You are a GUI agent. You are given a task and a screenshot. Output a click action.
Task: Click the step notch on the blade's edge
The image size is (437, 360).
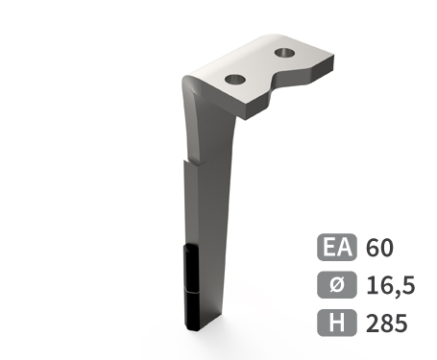click(186, 160)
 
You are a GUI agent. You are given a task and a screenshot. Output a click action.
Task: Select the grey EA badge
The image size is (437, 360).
click(336, 249)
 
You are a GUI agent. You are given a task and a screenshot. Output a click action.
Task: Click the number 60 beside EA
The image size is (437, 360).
click(380, 249)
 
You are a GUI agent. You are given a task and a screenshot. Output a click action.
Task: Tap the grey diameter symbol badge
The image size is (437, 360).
click(336, 286)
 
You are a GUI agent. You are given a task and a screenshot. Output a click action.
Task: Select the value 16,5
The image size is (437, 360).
click(388, 286)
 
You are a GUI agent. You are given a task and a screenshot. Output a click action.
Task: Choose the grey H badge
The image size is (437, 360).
click(336, 324)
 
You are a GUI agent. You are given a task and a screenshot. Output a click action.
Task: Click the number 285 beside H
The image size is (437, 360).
click(387, 324)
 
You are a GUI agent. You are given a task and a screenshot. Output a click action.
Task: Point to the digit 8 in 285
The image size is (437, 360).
click(387, 324)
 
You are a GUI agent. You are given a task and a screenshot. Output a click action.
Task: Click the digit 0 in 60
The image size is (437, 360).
click(387, 249)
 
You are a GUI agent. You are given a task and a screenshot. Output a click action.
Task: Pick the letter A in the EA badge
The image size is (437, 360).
click(344, 249)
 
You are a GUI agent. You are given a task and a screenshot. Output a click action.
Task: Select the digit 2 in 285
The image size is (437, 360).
click(374, 324)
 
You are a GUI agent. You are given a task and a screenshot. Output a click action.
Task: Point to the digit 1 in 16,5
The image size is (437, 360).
click(371, 286)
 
